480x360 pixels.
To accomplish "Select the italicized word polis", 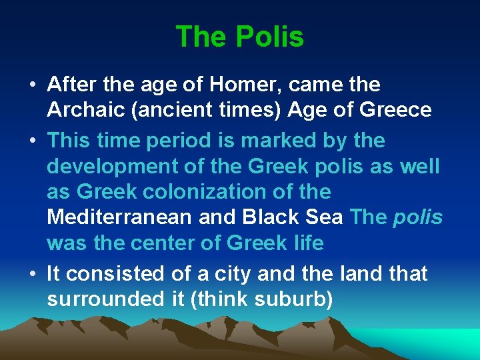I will pyautogui.click(x=418, y=217).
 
